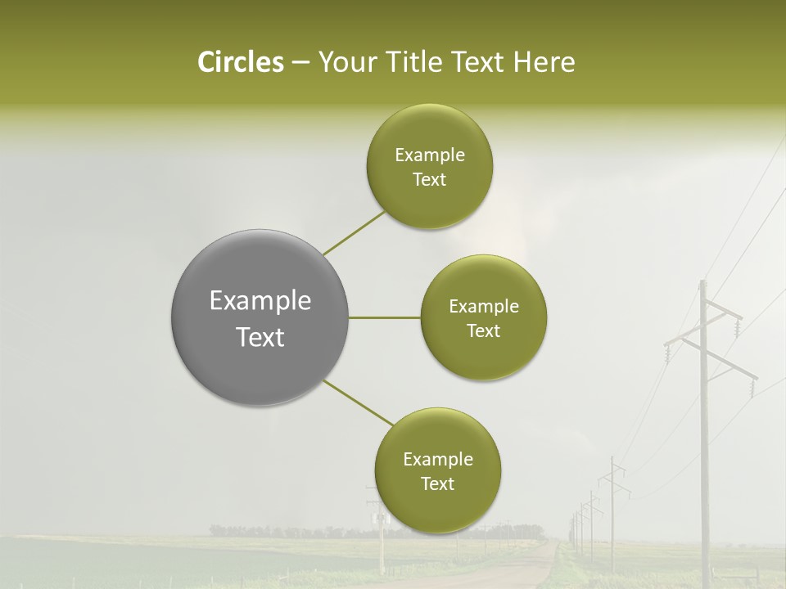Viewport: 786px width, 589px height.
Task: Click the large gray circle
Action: click(260, 317)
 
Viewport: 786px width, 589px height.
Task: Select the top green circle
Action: click(429, 167)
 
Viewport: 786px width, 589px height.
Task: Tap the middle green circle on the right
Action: click(483, 317)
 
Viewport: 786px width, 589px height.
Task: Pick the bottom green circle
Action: click(437, 470)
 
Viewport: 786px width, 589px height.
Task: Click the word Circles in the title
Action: click(240, 62)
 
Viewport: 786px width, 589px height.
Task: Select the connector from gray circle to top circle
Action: click(354, 233)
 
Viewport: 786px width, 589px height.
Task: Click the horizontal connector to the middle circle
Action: click(385, 317)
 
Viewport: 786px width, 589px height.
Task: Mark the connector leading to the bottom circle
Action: click(358, 403)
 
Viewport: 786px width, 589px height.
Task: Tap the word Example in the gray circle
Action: click(260, 300)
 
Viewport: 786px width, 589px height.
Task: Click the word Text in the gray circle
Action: click(260, 337)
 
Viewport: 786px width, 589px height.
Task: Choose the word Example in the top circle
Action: click(429, 155)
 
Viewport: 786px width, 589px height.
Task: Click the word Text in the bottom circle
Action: click(437, 483)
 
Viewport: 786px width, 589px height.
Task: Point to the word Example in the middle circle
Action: click(483, 307)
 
